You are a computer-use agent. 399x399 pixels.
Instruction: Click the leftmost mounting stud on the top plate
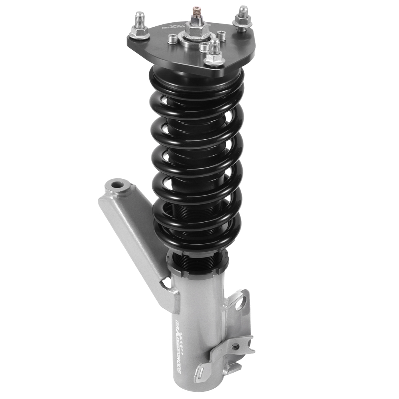[140, 26]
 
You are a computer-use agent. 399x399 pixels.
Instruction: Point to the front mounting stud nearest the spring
[215, 54]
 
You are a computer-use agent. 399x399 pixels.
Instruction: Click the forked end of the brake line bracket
[247, 347]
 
